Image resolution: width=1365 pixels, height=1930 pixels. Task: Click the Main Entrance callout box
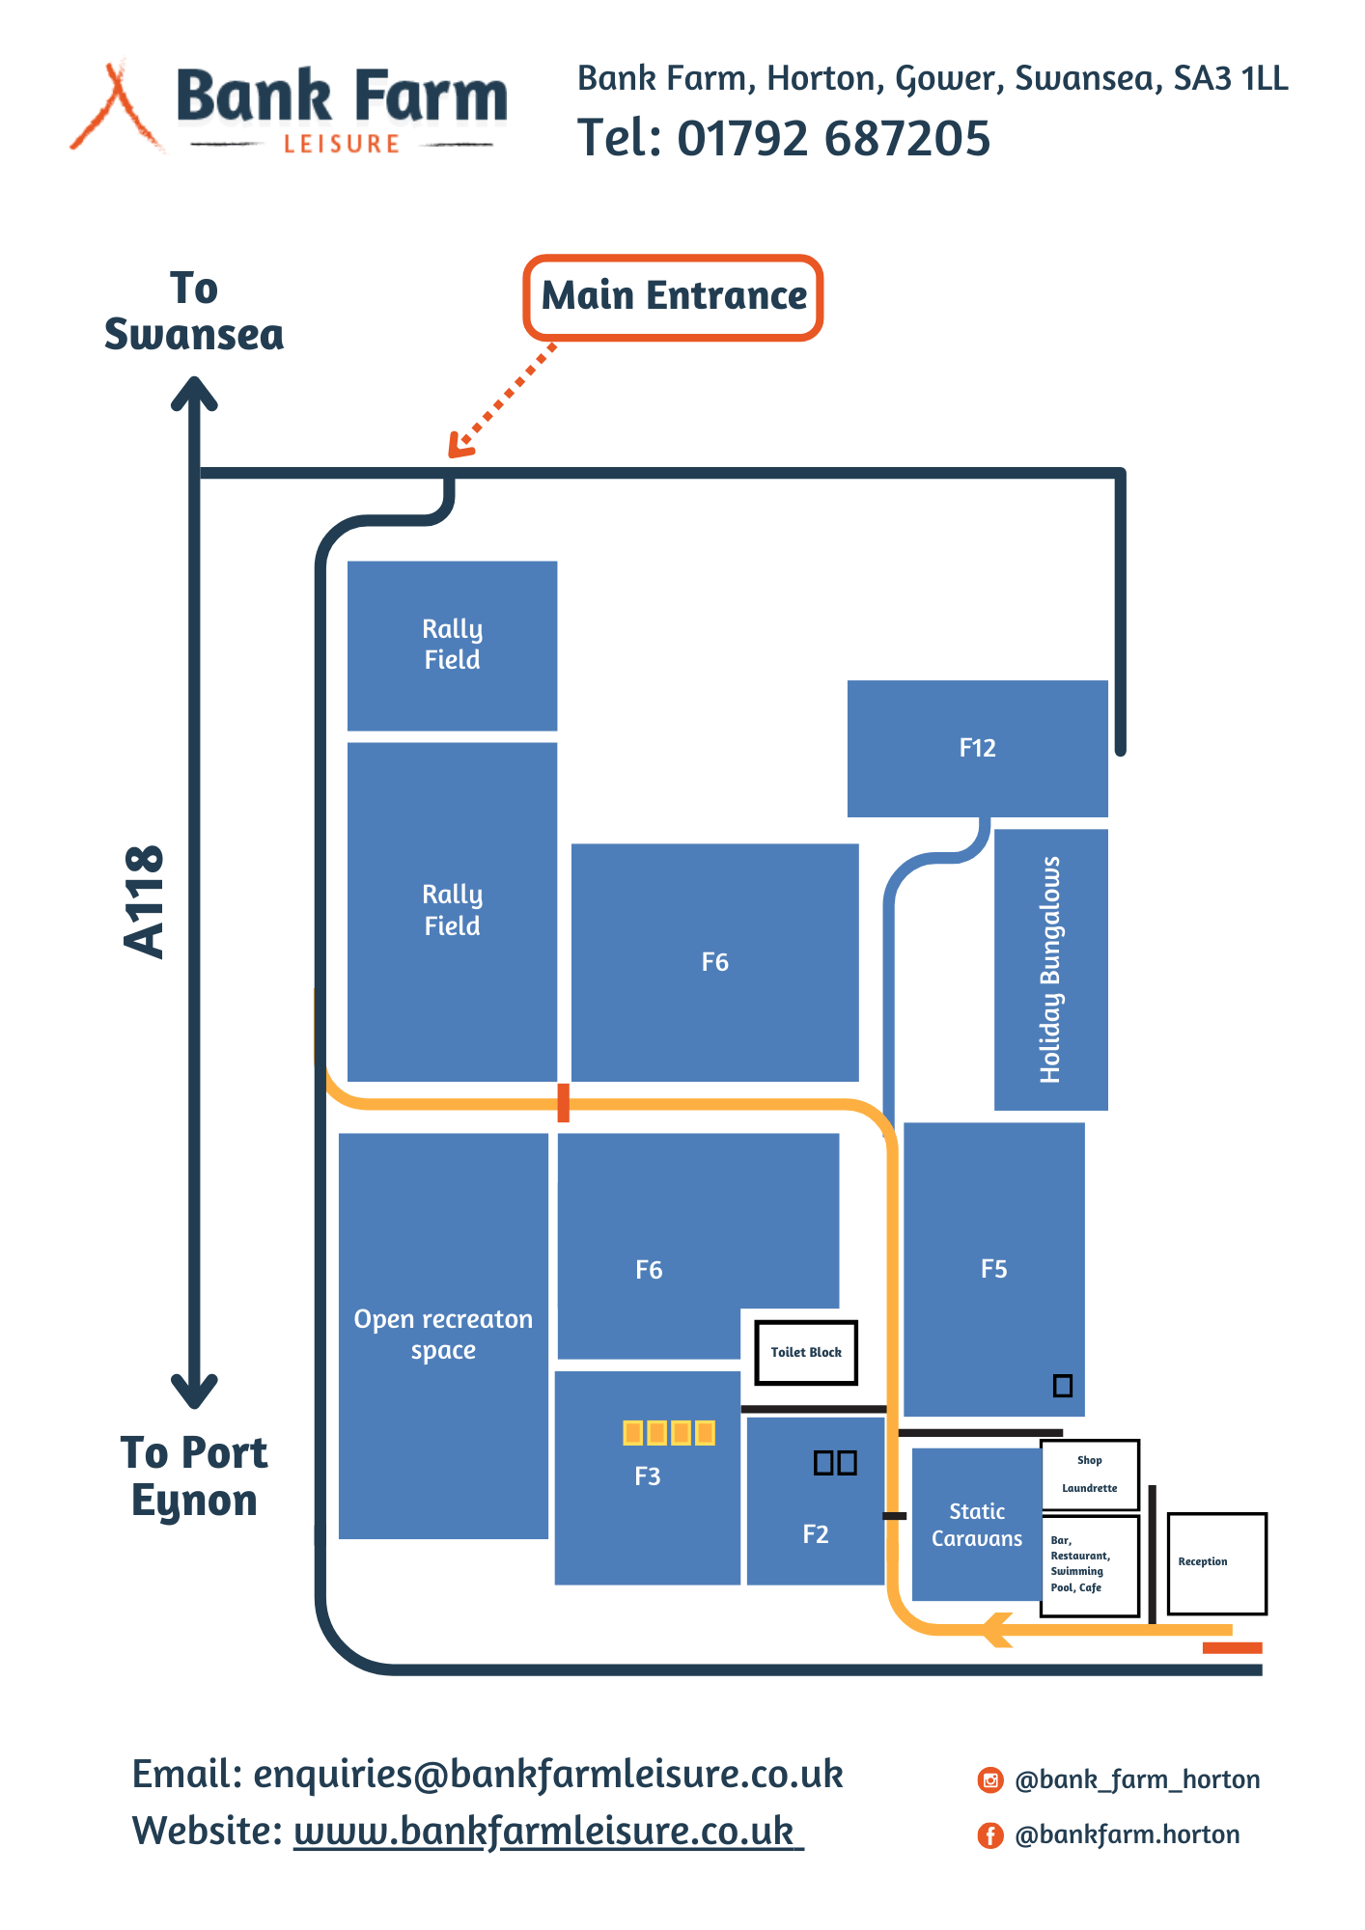click(673, 297)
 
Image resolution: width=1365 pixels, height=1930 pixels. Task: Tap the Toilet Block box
click(806, 1352)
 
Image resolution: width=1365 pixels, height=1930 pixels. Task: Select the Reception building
click(1216, 1562)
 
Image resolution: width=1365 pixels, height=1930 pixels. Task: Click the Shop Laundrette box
click(1090, 1475)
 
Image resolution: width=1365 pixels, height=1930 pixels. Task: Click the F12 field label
click(977, 748)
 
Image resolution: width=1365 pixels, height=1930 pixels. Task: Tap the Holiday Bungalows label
click(1050, 969)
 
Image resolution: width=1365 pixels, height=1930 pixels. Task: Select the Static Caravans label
click(976, 1525)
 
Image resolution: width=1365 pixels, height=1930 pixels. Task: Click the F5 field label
click(993, 1269)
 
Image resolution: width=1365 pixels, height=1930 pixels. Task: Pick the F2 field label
click(816, 1534)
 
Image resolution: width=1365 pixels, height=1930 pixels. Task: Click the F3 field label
click(647, 1476)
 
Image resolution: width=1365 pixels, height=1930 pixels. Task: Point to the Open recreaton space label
click(443, 1335)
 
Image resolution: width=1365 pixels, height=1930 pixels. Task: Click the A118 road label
click(145, 901)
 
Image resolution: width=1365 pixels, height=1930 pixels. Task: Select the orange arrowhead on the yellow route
click(997, 1630)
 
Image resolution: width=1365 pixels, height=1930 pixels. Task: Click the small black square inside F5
click(1062, 1386)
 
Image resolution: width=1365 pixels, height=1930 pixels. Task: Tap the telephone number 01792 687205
click(833, 138)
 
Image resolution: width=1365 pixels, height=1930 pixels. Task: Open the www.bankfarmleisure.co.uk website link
click(547, 1831)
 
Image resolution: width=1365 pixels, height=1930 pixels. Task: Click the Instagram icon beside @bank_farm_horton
click(990, 1779)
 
